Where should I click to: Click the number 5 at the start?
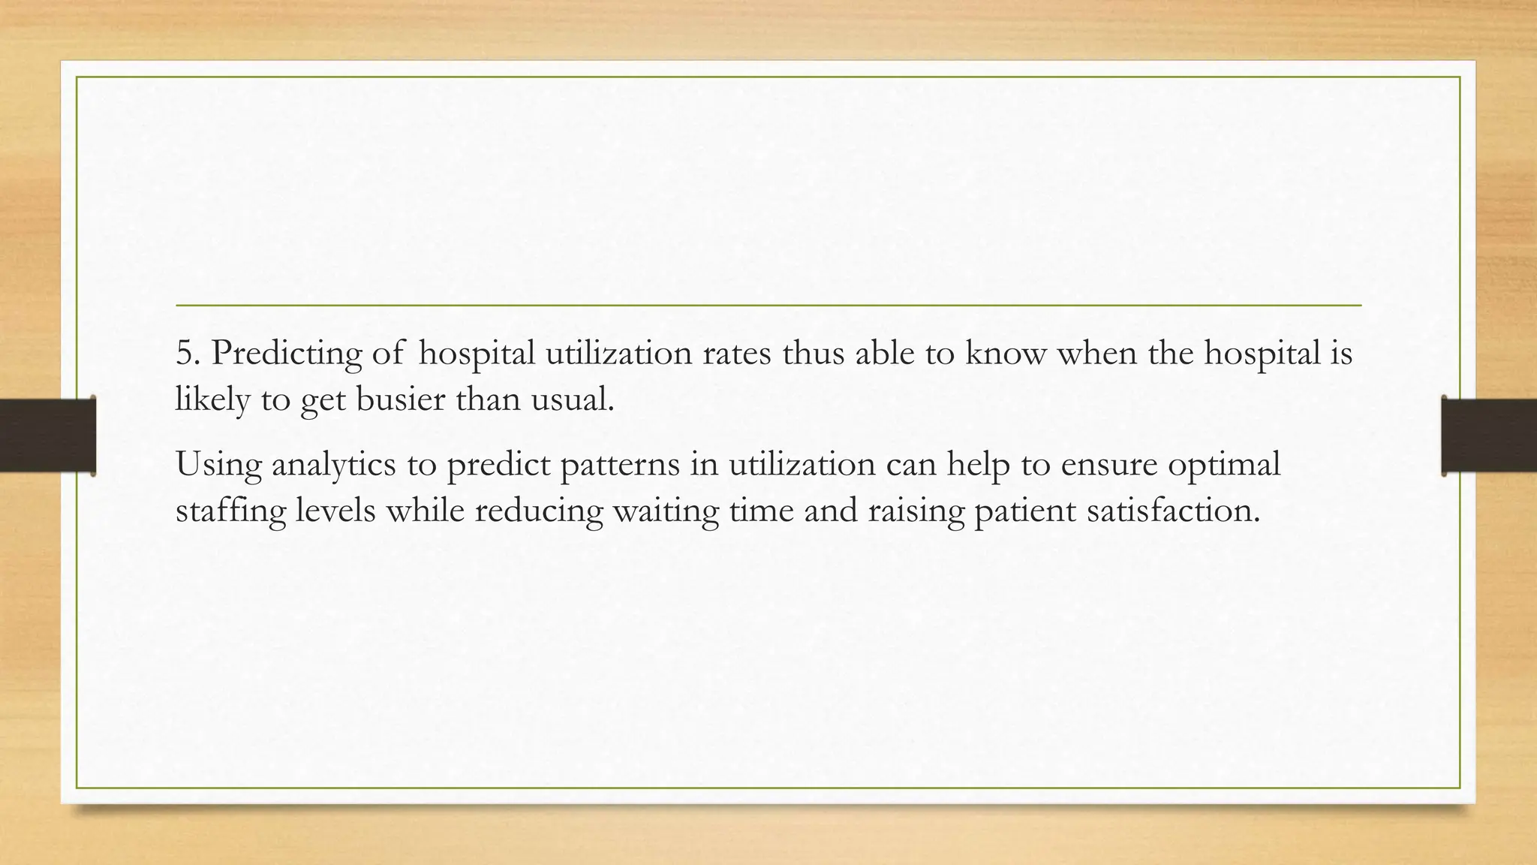(184, 353)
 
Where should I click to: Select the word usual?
(572, 398)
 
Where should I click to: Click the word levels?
(335, 511)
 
